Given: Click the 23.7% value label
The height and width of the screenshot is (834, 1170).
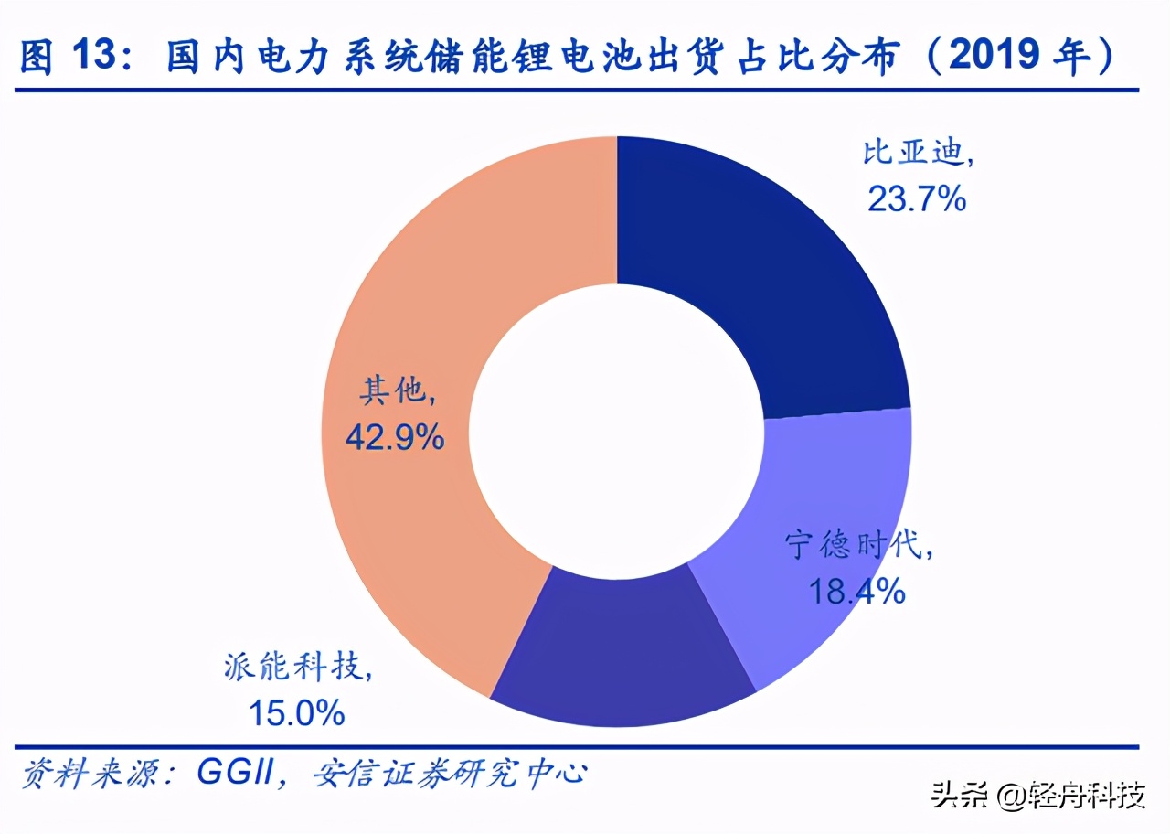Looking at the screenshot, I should pos(917,198).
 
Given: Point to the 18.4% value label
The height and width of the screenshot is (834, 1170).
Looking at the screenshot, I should pos(856,591).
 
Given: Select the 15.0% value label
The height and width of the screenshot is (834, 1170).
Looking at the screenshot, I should pos(297,711).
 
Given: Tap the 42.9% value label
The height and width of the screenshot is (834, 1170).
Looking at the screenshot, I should pos(395,438).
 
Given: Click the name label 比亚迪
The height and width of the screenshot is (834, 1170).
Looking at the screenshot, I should pos(917,153).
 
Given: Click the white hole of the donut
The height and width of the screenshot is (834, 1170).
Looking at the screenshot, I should pos(618,430).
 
